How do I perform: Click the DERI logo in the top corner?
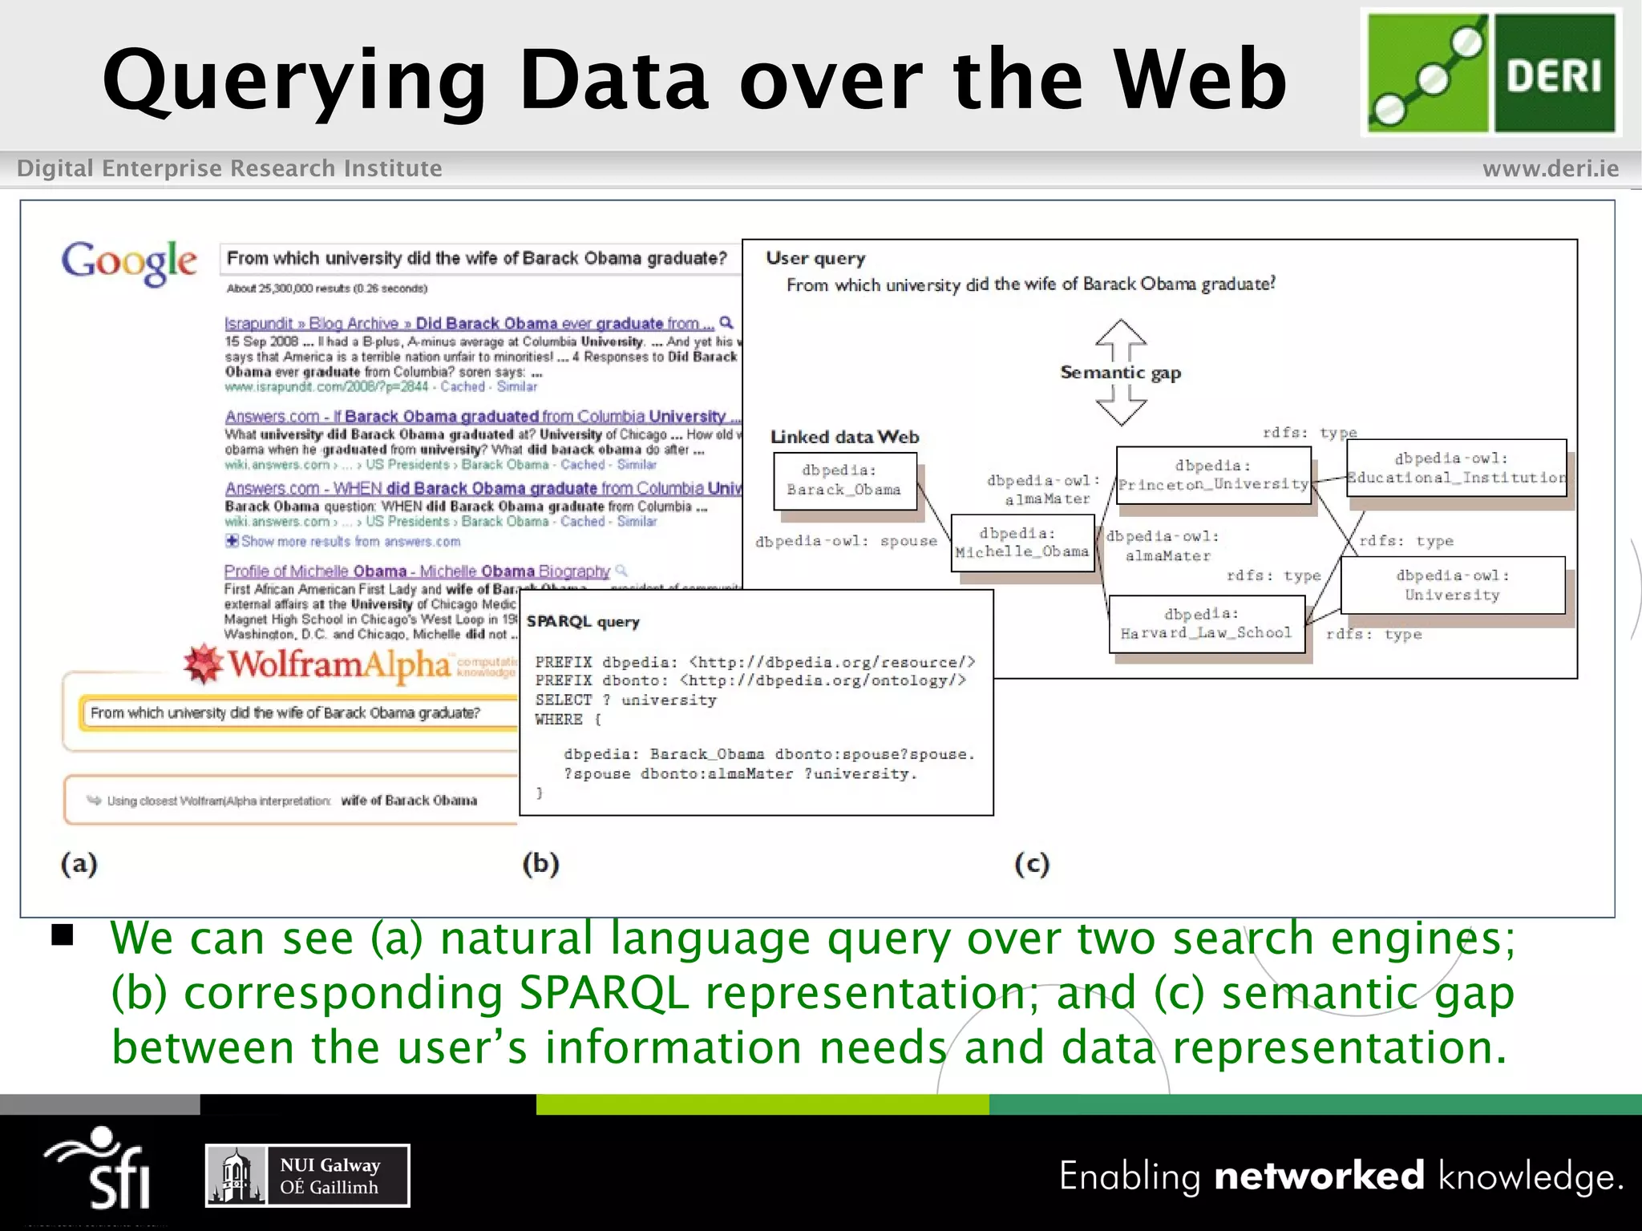[x=1491, y=73]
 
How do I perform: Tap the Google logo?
[x=129, y=261]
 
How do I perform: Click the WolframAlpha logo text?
[x=338, y=664]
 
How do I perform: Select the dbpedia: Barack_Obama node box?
[x=844, y=481]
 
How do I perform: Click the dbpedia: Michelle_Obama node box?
[x=1022, y=543]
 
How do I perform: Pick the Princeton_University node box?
[x=1213, y=475]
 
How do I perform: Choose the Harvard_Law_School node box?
[x=1206, y=624]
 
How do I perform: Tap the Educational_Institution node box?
[x=1456, y=468]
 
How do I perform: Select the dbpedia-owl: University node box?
[x=1452, y=585]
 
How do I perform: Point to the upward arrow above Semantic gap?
[x=1120, y=340]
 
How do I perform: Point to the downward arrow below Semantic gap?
[x=1120, y=406]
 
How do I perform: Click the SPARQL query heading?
[x=583, y=622]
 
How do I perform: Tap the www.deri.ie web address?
[x=1550, y=169]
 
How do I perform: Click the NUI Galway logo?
[x=308, y=1176]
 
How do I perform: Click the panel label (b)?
[x=540, y=863]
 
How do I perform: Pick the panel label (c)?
[x=1031, y=863]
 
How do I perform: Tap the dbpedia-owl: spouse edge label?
[x=846, y=541]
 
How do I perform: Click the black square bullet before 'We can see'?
[x=63, y=935]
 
